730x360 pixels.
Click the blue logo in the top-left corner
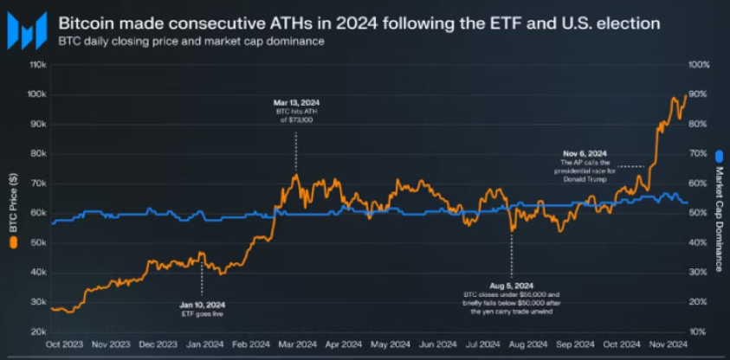(x=25, y=30)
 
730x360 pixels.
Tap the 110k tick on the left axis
(x=37, y=65)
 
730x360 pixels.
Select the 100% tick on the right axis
(x=701, y=65)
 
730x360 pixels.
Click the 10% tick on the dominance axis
(x=698, y=332)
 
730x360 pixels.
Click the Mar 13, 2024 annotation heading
(x=295, y=103)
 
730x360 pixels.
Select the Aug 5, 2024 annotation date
(x=511, y=285)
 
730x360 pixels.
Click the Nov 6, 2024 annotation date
(x=585, y=154)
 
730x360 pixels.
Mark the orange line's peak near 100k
(x=685, y=93)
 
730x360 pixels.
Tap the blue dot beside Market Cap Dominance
(x=718, y=158)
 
